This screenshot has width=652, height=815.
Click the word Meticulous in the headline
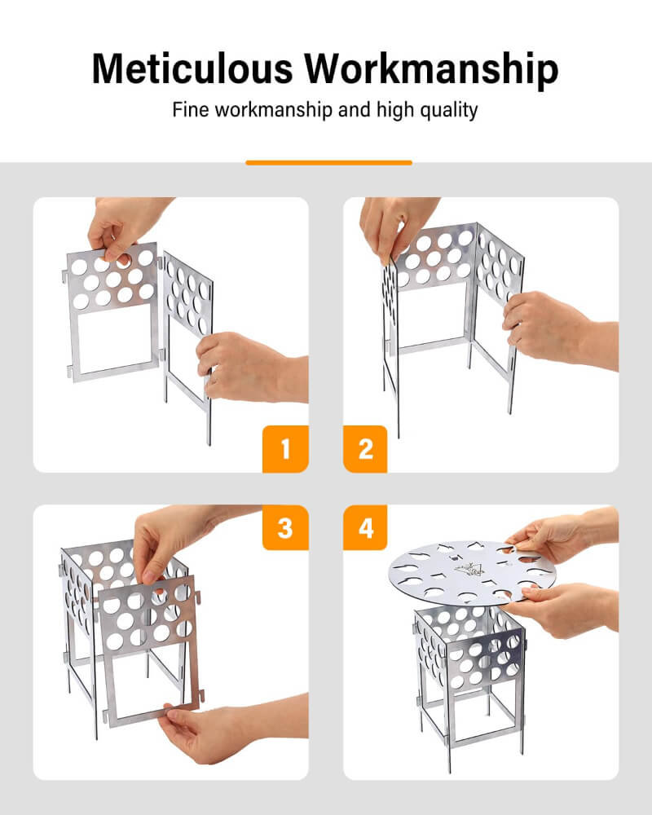coord(192,68)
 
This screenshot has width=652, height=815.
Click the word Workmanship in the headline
coord(432,69)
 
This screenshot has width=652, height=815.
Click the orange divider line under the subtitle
coord(328,163)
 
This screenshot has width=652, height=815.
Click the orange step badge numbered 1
coord(285,448)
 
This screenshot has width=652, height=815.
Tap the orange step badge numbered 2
coord(365,448)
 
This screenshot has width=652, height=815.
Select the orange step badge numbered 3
coord(285,527)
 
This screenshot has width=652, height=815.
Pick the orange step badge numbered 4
coord(365,527)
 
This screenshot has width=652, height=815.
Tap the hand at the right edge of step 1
coord(253,368)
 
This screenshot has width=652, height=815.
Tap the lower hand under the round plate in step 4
coord(562,609)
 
